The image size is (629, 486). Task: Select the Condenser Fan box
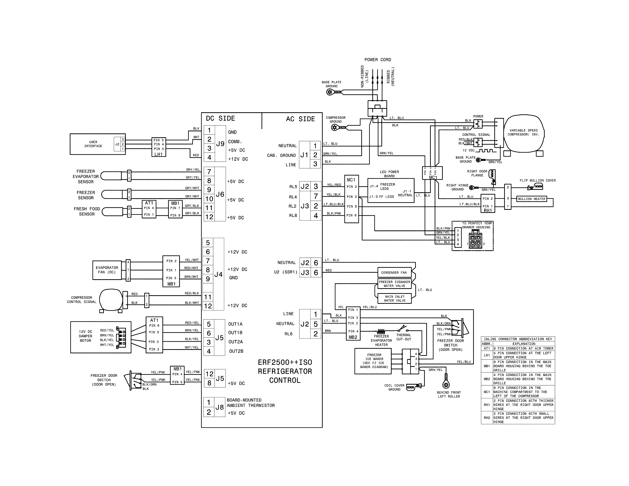click(394, 272)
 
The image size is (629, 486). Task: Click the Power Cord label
click(378, 60)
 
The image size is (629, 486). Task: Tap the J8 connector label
click(219, 407)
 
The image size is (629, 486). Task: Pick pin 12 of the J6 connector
click(209, 217)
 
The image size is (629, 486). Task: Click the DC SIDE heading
click(220, 118)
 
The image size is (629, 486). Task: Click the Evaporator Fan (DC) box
click(107, 270)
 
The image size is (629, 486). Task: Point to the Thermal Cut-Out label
click(404, 337)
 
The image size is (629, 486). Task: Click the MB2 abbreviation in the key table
click(487, 379)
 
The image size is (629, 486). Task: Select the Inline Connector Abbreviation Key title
click(518, 339)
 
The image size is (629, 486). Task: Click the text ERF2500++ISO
click(285, 362)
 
